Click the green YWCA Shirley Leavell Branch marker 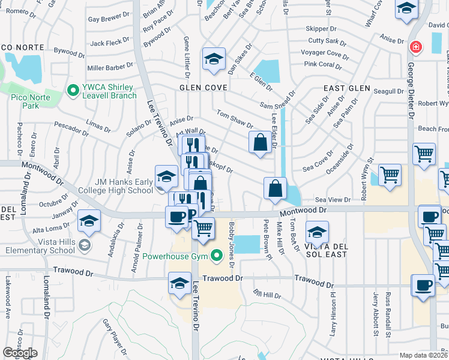tap(73, 91)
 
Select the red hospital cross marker tap(414, 47)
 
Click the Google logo tap(20, 353)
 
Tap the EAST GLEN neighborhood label tap(347, 88)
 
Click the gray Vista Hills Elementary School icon tap(84, 245)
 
